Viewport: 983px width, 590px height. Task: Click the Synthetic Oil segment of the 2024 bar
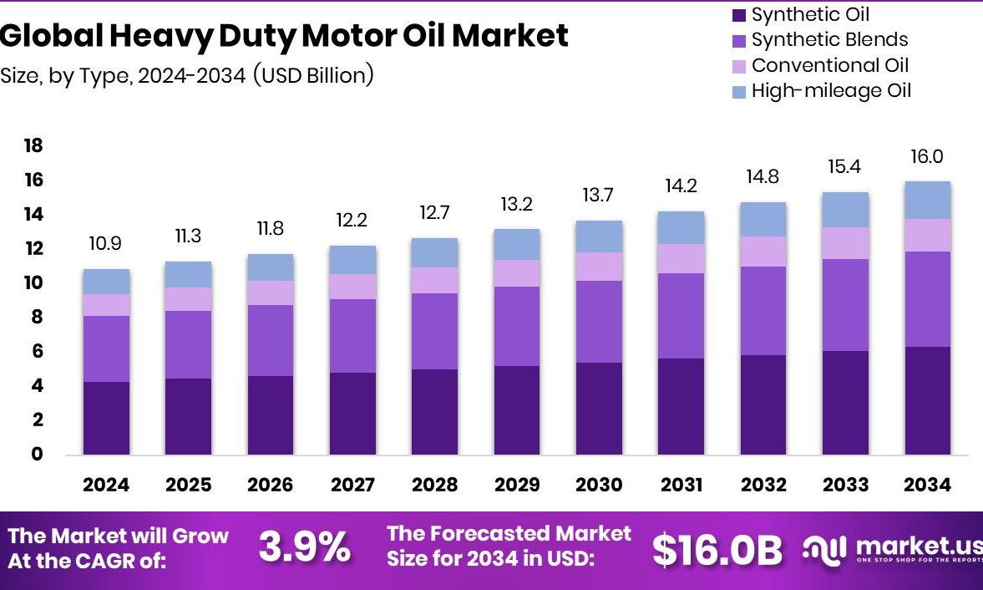(x=106, y=418)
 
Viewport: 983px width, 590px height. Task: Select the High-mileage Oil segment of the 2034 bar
(x=927, y=201)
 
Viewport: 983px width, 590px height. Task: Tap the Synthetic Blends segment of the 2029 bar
(x=517, y=326)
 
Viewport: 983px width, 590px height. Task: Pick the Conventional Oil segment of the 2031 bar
(x=681, y=259)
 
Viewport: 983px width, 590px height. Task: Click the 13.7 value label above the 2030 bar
(x=599, y=196)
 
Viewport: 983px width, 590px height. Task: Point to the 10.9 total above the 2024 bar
(x=106, y=244)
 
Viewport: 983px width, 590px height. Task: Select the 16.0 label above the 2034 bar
(x=927, y=156)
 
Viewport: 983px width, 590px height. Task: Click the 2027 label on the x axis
(x=352, y=486)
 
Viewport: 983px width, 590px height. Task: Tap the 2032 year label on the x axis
(x=763, y=486)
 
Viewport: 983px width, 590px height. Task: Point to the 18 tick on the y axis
(x=33, y=146)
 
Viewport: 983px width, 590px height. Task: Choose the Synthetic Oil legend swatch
(x=738, y=15)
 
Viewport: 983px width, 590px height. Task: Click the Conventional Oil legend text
(x=829, y=65)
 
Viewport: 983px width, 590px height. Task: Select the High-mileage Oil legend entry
(x=830, y=91)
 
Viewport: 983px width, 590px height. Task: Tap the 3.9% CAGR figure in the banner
(x=304, y=548)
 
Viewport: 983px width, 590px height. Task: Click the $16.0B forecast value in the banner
(x=717, y=550)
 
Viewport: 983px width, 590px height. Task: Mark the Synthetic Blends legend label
(x=829, y=40)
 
